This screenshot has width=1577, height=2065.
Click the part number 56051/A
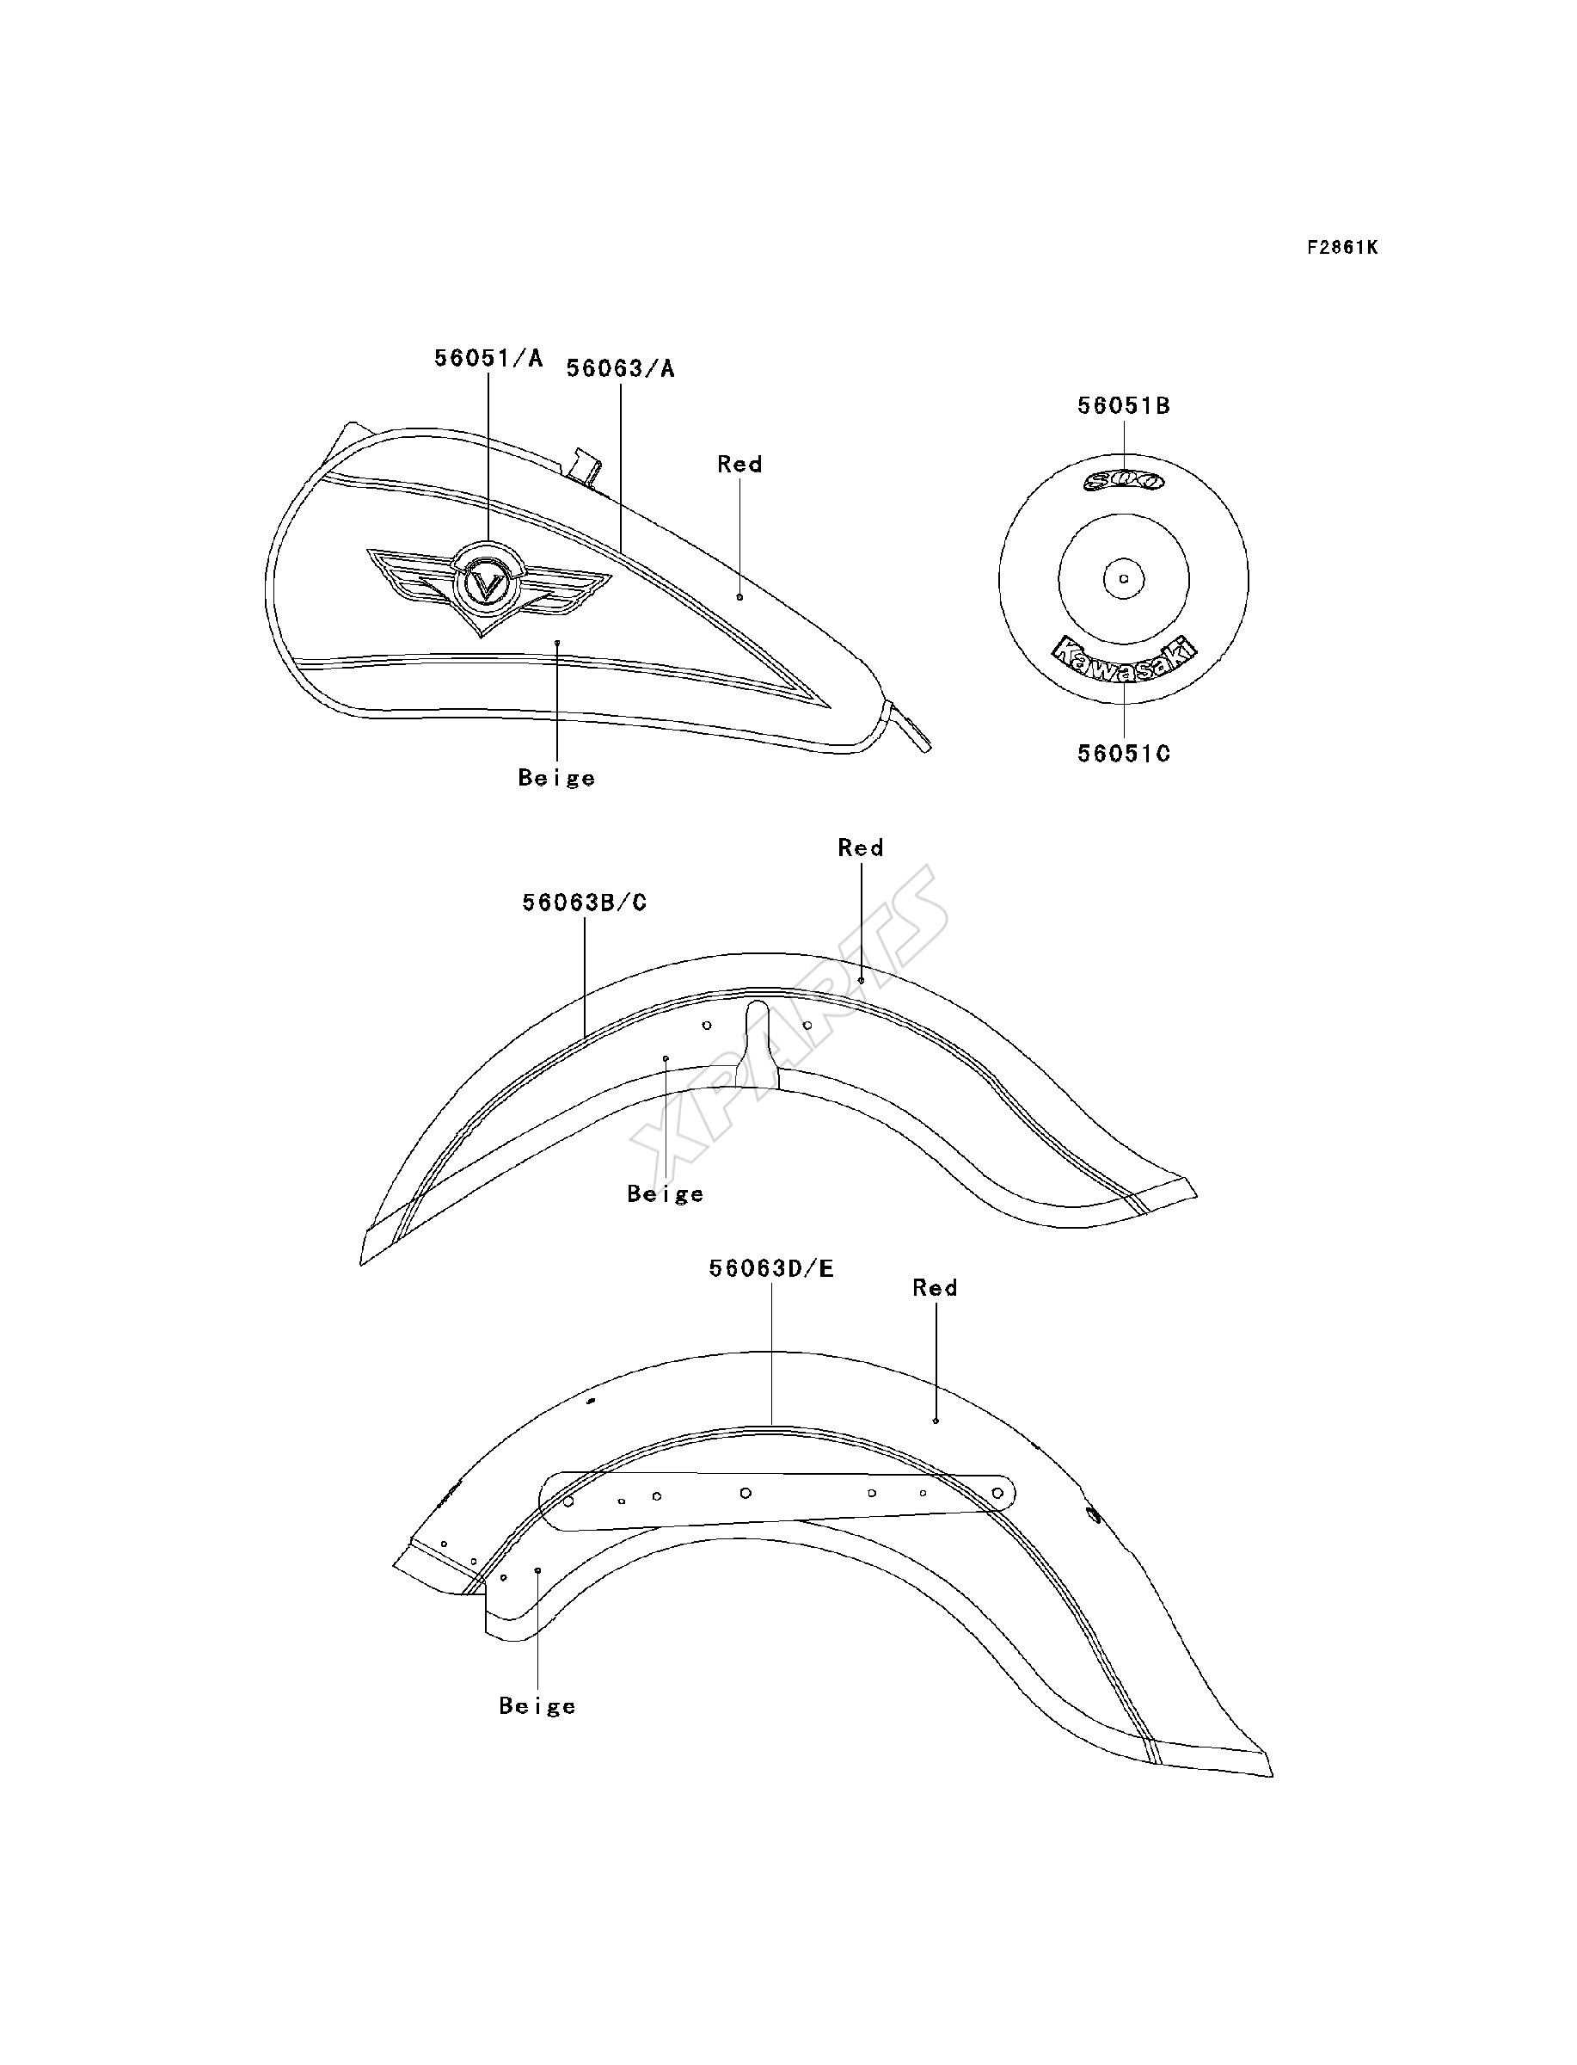point(488,358)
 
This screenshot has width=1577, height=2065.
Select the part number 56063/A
point(621,369)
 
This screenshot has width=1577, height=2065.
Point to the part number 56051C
point(1124,753)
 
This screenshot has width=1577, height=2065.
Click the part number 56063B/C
point(585,903)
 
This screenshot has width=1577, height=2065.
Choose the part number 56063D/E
point(771,1268)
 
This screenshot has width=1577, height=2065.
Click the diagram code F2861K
point(1343,248)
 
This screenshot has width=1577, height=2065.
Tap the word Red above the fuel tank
point(739,464)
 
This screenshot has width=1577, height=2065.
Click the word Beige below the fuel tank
point(556,778)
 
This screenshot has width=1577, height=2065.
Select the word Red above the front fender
point(861,848)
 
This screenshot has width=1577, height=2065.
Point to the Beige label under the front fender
point(666,1193)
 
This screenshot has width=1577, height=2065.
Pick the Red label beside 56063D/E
point(935,1287)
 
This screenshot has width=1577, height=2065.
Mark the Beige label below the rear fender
point(537,1705)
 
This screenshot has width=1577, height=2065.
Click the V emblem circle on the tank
point(486,585)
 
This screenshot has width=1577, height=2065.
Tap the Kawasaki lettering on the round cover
point(1124,659)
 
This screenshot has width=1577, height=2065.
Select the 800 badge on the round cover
point(1124,482)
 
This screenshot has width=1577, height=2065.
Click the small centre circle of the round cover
point(1124,578)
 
